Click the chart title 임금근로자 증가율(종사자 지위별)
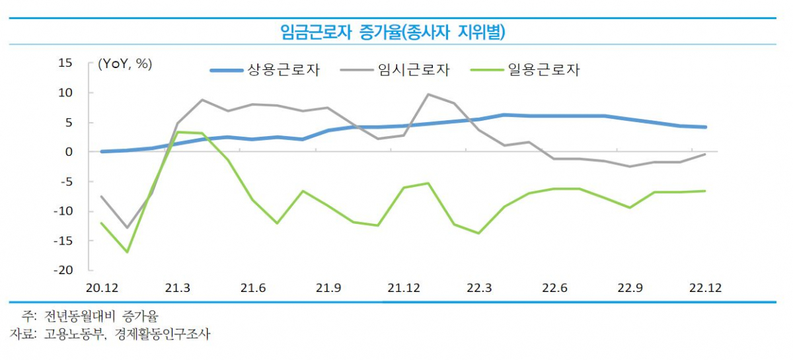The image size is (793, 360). pos(397,31)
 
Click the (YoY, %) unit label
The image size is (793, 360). pos(125,64)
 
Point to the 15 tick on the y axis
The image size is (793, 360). pos(65,63)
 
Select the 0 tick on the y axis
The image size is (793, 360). pos(69,152)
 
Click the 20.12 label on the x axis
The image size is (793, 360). pos(101,289)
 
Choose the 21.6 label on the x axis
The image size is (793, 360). pos(252,289)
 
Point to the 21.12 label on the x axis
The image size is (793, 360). pos(403,289)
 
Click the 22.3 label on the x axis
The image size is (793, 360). pos(478,289)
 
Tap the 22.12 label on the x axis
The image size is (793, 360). pos(705,289)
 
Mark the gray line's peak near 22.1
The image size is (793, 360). pos(428,94)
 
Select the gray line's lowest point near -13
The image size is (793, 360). pos(127,228)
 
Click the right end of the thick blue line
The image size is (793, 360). pos(705,127)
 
